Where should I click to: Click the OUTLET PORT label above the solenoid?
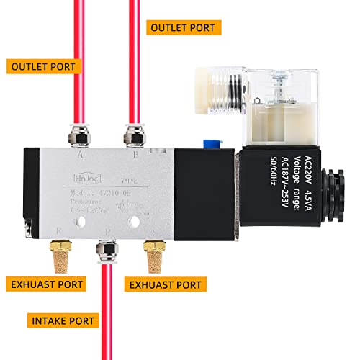(x=182, y=28)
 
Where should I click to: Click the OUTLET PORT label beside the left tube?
(x=43, y=66)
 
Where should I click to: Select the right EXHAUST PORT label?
(x=166, y=284)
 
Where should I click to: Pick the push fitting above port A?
(x=77, y=134)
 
